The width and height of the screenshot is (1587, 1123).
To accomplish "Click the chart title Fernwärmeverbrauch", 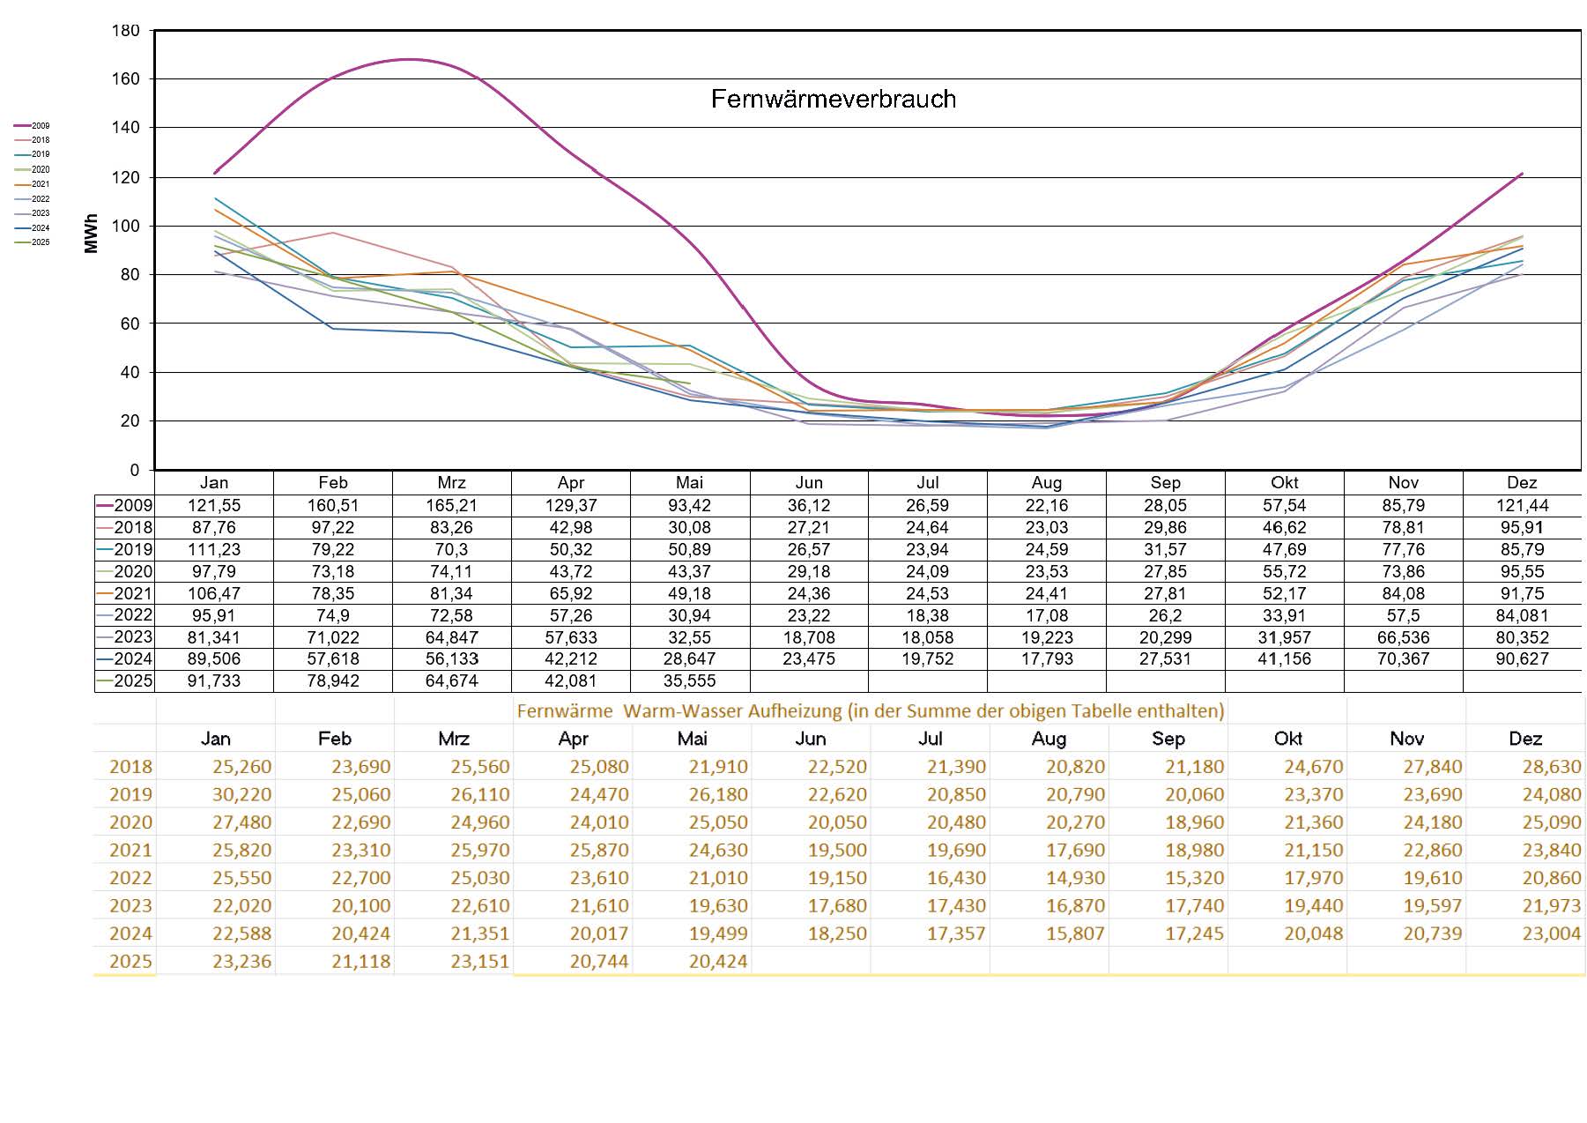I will [x=833, y=99].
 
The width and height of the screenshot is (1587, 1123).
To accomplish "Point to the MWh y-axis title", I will [x=92, y=234].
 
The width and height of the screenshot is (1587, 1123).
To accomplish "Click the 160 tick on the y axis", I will [x=125, y=79].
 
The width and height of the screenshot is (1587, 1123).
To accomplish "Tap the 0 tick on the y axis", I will [x=134, y=470].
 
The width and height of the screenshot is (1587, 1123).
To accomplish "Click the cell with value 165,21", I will [x=451, y=506].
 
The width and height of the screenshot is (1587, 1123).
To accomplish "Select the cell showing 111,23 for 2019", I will [x=213, y=549].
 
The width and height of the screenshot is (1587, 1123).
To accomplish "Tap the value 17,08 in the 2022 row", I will [x=1046, y=615].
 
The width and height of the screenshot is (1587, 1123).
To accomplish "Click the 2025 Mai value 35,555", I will [x=689, y=680].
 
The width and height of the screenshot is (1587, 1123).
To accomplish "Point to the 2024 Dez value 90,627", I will [x=1522, y=658].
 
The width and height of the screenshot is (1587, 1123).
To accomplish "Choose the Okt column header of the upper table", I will [x=1284, y=483].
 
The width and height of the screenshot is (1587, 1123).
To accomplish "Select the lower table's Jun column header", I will [x=811, y=739].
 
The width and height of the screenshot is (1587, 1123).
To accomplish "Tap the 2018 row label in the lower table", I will [x=130, y=767].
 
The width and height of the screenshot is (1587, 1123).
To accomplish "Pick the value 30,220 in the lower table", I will [x=241, y=794].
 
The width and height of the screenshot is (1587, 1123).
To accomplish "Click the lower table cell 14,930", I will [x=1074, y=878].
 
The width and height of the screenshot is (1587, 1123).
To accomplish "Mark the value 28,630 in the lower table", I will [x=1551, y=767].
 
